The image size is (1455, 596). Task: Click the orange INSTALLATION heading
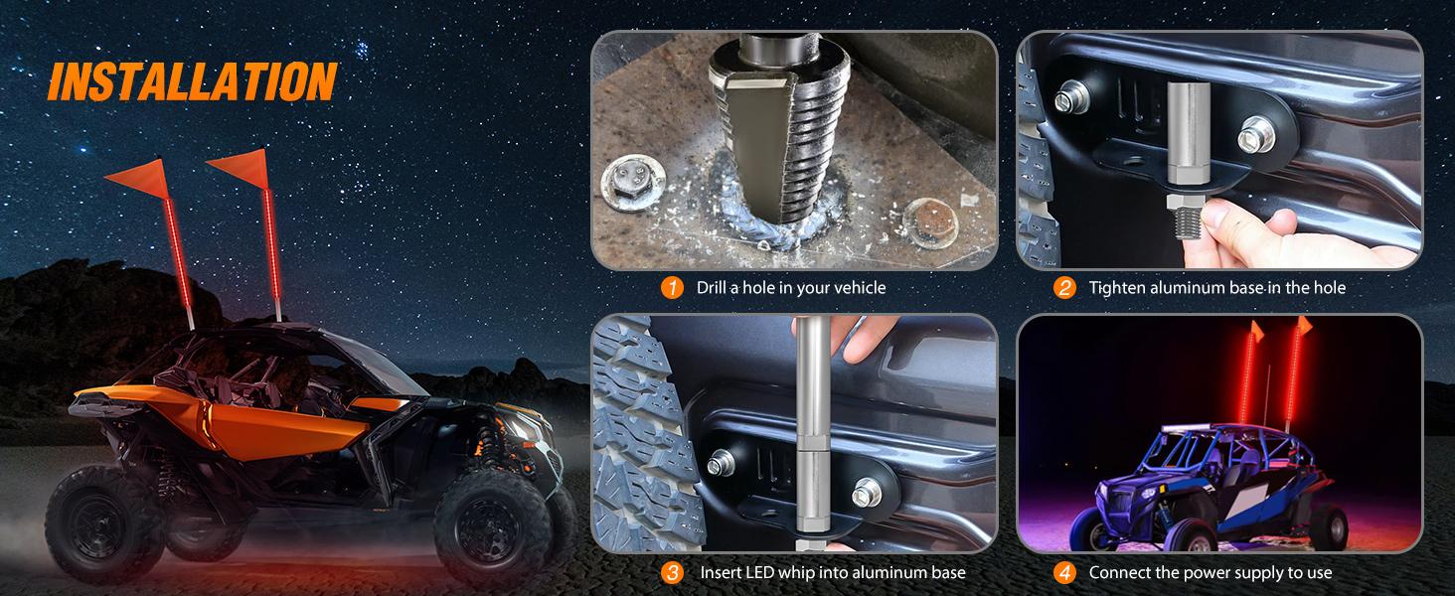pyautogui.click(x=193, y=81)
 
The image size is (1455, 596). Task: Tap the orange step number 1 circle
pyautogui.click(x=672, y=288)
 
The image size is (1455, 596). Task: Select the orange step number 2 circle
pyautogui.click(x=1064, y=288)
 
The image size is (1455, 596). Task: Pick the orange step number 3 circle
pyautogui.click(x=672, y=572)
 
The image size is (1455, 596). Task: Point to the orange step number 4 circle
pyautogui.click(x=1064, y=572)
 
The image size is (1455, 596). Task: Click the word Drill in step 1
pyautogui.click(x=712, y=288)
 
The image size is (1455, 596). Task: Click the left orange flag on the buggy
pyautogui.click(x=140, y=178)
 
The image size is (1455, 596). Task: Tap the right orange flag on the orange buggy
pyautogui.click(x=241, y=168)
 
